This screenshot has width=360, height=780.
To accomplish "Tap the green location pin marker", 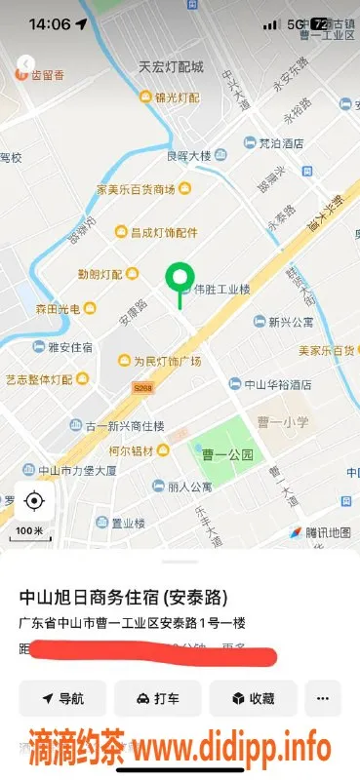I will point(178,280).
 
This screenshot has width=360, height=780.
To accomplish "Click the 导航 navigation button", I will point(62,698).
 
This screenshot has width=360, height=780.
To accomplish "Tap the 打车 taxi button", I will point(158,698).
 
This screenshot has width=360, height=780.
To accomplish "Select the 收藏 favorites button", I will point(253,698).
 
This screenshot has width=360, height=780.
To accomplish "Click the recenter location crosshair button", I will point(34,502).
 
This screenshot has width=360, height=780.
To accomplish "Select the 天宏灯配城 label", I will point(171,67).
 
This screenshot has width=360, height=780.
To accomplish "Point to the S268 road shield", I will point(143,387).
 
